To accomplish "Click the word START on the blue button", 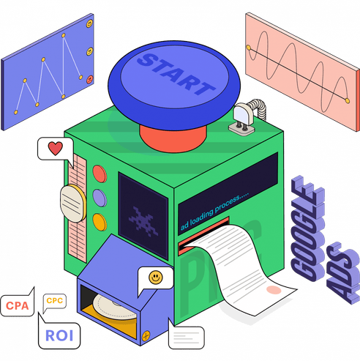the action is pos(176,73).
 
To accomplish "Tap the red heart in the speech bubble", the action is pos(56,148).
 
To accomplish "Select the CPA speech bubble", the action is pos(18,303).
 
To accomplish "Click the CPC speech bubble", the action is pos(54,302).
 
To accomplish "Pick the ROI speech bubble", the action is pos(59,333).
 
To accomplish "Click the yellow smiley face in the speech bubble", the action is pos(156,277).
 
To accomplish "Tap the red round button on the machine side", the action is pos(100,174).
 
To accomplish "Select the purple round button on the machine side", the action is pos(100,198).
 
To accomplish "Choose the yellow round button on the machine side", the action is pos(100,222).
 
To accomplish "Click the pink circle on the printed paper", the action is pos(274,290).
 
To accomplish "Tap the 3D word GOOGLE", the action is pos(308,228).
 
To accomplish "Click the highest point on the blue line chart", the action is pos(64,36).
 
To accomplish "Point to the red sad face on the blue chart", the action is pos(90,80).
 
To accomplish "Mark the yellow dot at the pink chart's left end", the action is pos(249,48).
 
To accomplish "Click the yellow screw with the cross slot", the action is pos(146,336).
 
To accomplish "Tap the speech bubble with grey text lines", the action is pos(186,335).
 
